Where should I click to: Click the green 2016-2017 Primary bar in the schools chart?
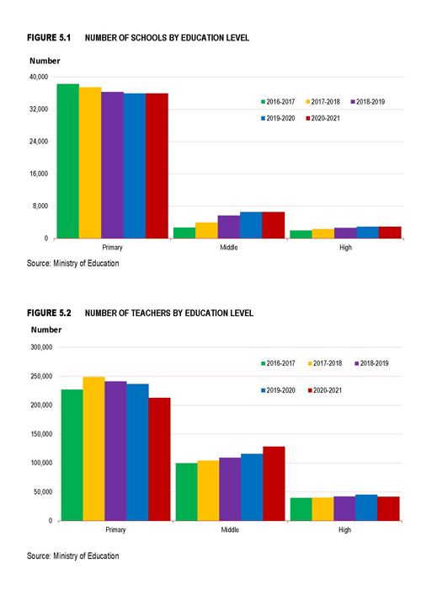pyautogui.click(x=67, y=161)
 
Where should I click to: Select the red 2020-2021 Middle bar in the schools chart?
pyautogui.click(x=274, y=225)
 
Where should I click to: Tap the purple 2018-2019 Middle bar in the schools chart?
pyautogui.click(x=228, y=227)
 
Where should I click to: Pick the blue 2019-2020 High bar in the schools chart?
pyautogui.click(x=367, y=233)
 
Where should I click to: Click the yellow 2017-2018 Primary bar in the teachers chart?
pyautogui.click(x=93, y=448)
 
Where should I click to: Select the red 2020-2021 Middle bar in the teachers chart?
pyautogui.click(x=274, y=484)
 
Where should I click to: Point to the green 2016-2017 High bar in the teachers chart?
pyautogui.click(x=301, y=509)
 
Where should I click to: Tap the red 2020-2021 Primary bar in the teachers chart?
pyautogui.click(x=159, y=459)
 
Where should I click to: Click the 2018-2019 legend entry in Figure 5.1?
pyautogui.click(x=368, y=102)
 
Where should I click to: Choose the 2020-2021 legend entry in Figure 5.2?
pyautogui.click(x=325, y=390)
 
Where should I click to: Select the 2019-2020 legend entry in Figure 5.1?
pyautogui.click(x=278, y=118)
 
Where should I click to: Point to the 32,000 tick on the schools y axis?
pyautogui.click(x=39, y=109)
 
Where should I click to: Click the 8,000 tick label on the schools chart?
pyautogui.click(x=40, y=206)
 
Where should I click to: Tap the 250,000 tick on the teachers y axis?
pyautogui.click(x=41, y=376)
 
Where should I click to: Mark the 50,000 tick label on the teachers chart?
pyautogui.click(x=43, y=491)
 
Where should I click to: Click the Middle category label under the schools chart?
pyautogui.click(x=228, y=247)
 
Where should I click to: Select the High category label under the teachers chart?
pyautogui.click(x=344, y=530)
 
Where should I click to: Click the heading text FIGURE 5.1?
pyautogui.click(x=49, y=38)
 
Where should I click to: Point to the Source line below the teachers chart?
pyautogui.click(x=73, y=555)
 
